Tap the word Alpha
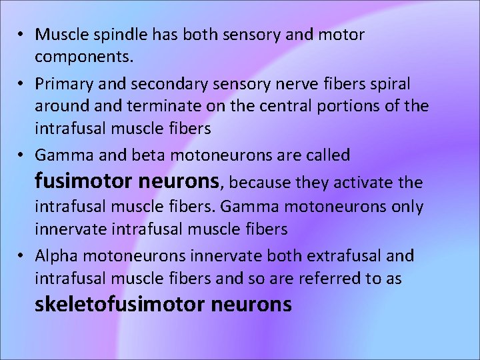coord(57,256)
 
